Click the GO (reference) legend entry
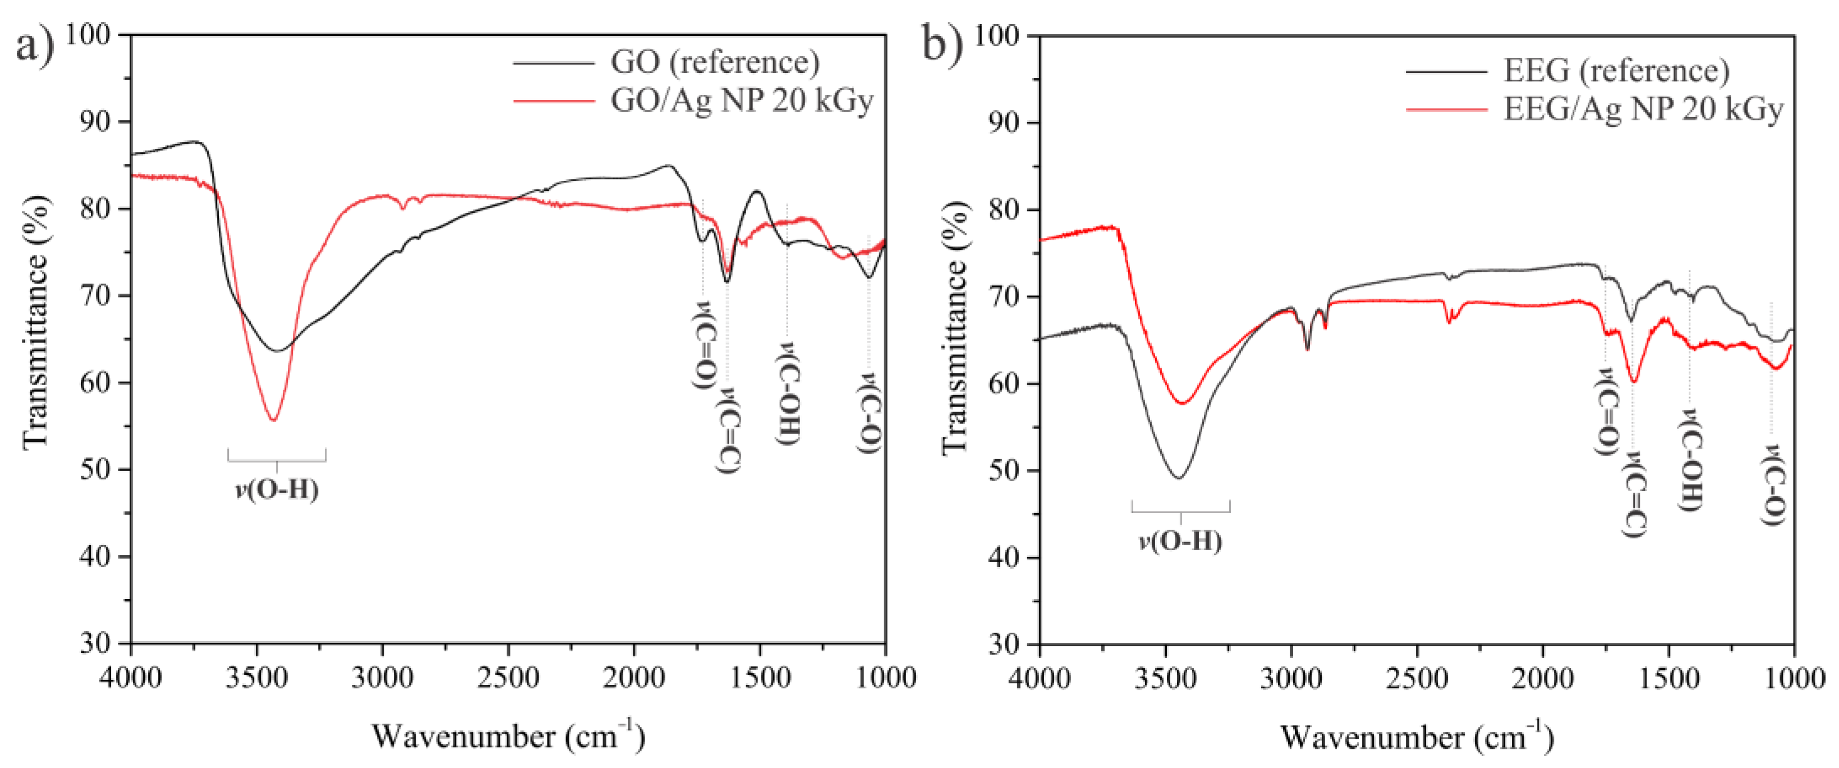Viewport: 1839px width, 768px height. (715, 63)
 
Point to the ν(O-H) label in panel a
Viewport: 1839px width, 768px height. (277, 490)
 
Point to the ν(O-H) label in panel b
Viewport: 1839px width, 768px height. (1180, 541)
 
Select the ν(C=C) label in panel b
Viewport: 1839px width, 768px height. (1635, 493)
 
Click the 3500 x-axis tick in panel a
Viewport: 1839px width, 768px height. (257, 676)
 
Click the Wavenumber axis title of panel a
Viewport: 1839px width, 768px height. (508, 737)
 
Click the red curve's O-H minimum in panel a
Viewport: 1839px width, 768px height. (273, 420)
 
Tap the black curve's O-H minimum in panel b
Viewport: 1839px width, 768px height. (1179, 478)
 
